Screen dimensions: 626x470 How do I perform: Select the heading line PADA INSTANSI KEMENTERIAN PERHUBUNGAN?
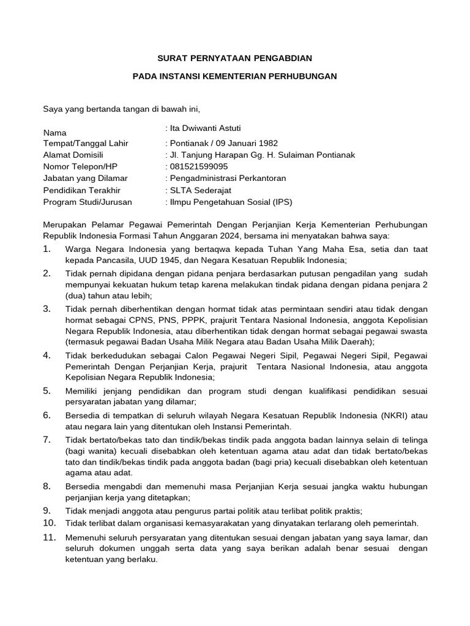[x=235, y=76]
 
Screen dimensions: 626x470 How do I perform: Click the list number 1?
[x=47, y=249]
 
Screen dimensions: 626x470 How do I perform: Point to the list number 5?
[x=47, y=391]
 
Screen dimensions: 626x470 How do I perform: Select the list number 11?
[x=49, y=538]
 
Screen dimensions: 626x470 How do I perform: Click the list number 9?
[x=47, y=510]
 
